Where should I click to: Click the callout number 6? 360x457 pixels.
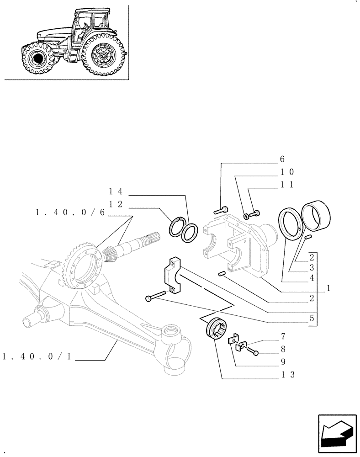[282, 159]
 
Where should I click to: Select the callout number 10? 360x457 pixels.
[287, 172]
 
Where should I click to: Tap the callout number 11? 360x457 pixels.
[287, 185]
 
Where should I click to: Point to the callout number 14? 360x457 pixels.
[116, 191]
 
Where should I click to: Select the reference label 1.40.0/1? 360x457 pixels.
[37, 356]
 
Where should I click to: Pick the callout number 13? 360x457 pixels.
[288, 375]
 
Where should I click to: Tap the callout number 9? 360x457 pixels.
[283, 362]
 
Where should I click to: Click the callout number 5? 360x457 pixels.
[312, 319]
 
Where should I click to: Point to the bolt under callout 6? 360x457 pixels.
[220, 210]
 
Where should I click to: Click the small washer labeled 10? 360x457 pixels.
[246, 215]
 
